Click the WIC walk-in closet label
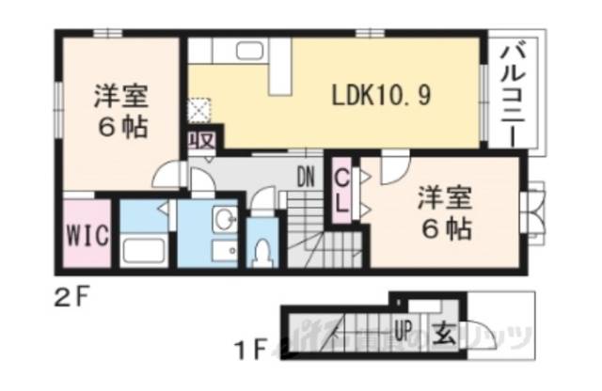(x=87, y=232)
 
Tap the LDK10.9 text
(x=381, y=97)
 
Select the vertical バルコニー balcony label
(x=515, y=92)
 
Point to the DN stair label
(x=307, y=176)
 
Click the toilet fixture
(x=262, y=248)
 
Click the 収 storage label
(x=200, y=141)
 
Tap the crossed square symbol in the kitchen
(x=199, y=111)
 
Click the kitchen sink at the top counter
(x=248, y=52)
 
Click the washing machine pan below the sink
(x=224, y=251)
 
